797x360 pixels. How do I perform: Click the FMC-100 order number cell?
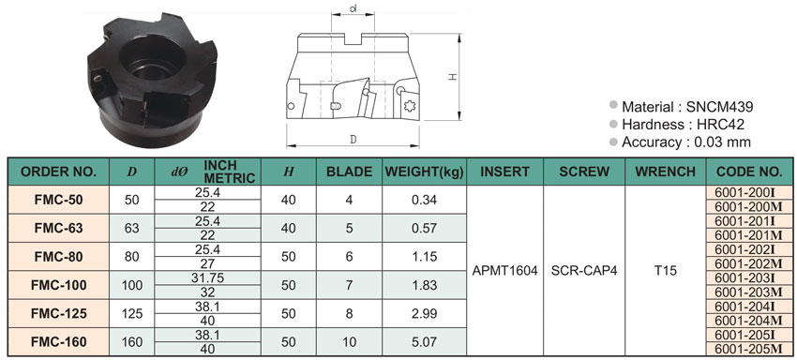(58, 285)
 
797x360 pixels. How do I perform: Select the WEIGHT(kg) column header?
(425, 172)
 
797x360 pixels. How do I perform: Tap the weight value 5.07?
(425, 342)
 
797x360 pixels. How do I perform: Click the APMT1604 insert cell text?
(504, 271)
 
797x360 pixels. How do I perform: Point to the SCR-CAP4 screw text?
(584, 271)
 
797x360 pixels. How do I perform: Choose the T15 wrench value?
(666, 271)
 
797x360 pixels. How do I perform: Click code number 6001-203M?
(748, 292)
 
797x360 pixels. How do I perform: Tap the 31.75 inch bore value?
(208, 278)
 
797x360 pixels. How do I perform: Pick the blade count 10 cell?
(349, 342)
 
